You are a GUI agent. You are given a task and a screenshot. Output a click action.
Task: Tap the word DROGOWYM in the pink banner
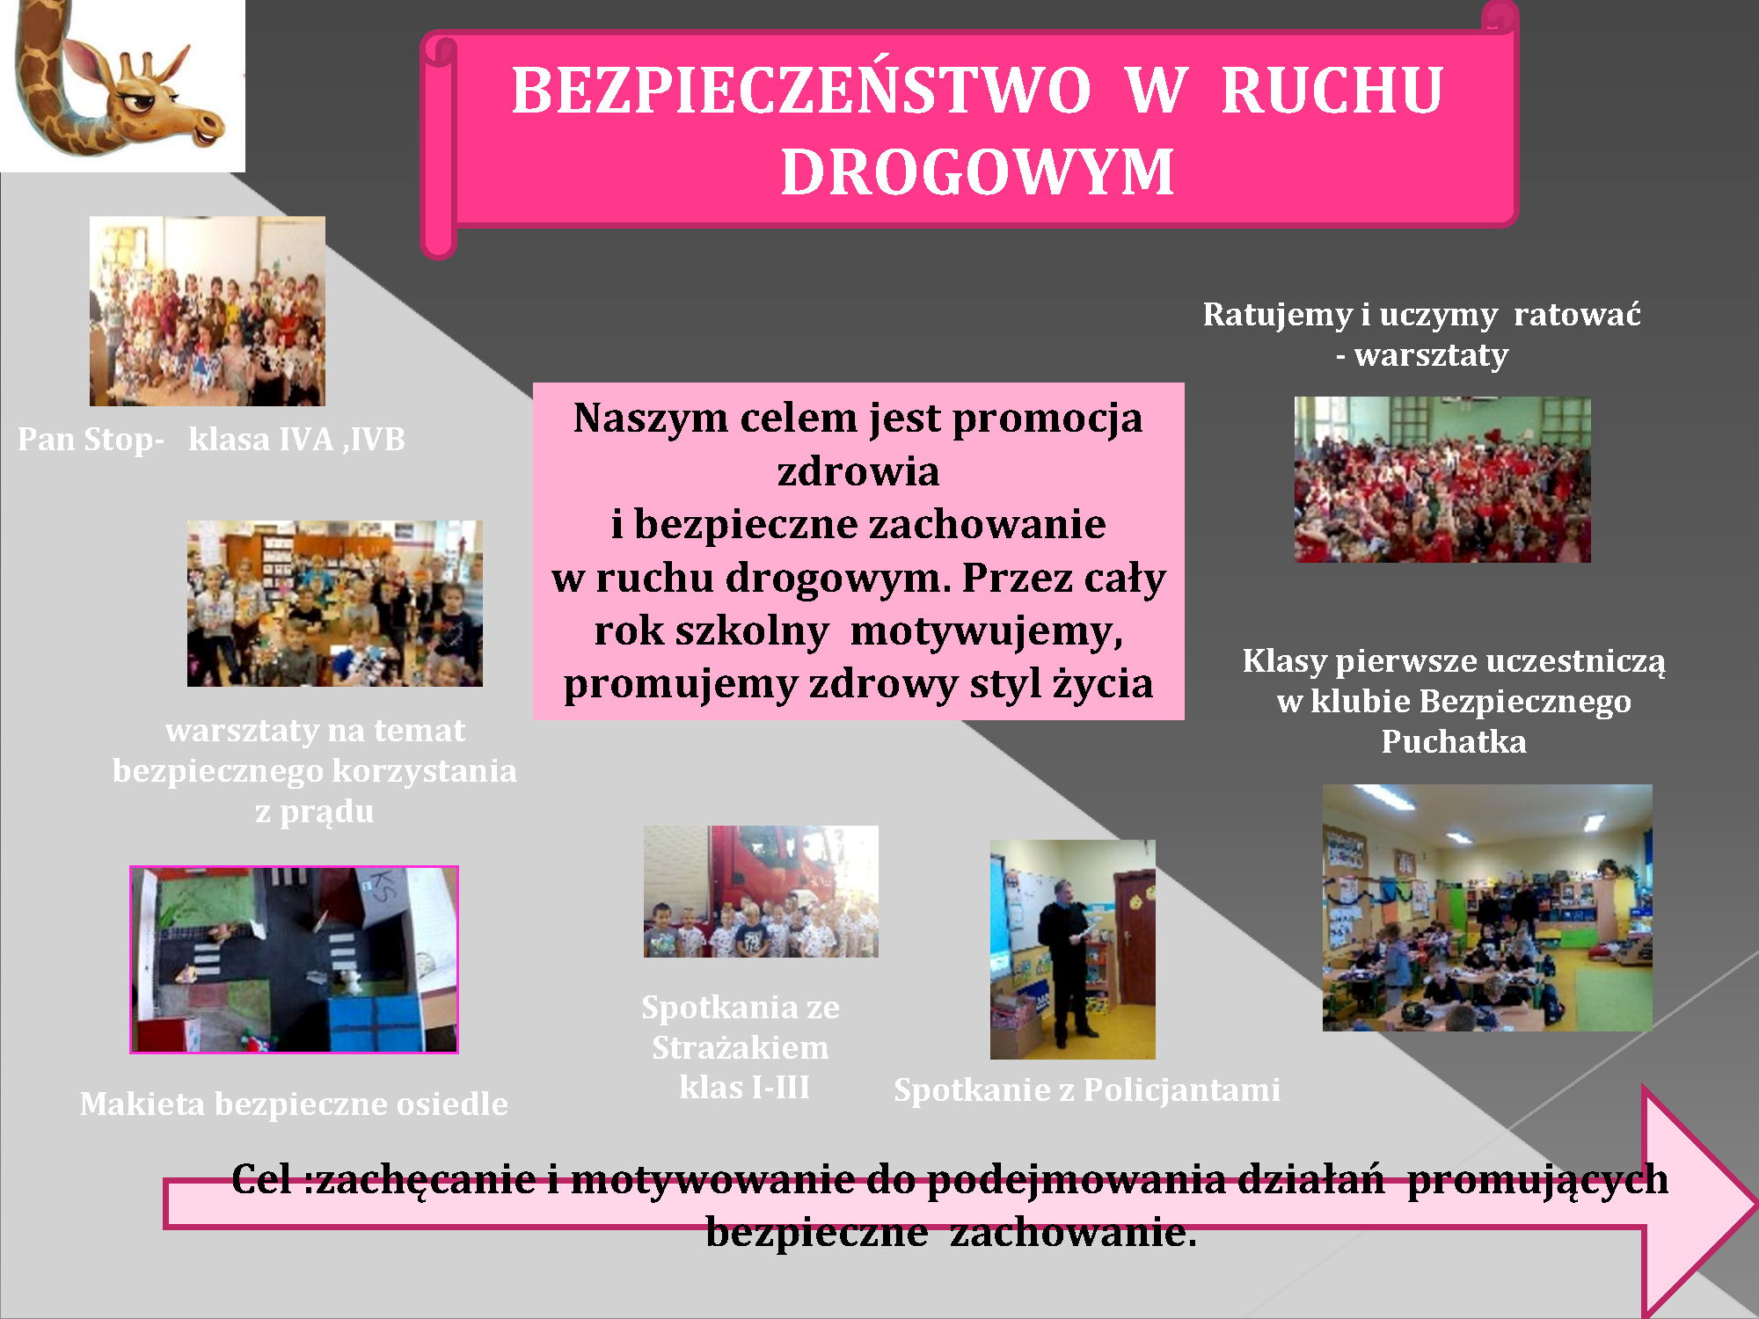[x=977, y=171]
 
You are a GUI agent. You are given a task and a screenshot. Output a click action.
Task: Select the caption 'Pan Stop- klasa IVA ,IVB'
[x=211, y=439]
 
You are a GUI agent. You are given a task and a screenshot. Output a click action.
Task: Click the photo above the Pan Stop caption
[x=208, y=311]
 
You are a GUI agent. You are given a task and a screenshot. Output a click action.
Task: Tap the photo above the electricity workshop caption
[x=335, y=603]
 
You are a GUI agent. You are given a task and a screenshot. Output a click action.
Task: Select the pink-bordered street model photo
[x=294, y=959]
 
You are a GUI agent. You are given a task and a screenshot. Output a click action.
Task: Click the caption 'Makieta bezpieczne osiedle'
[x=294, y=1104]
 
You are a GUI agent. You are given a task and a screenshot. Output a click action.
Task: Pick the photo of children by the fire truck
[x=761, y=892]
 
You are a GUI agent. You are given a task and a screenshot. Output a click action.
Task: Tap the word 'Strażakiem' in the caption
[x=741, y=1047]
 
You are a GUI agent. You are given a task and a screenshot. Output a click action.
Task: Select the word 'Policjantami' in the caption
[x=1182, y=1090]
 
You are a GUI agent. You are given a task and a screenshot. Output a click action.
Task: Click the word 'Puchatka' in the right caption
[x=1454, y=741]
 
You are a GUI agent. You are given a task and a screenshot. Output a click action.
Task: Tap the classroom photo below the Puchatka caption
[x=1487, y=907]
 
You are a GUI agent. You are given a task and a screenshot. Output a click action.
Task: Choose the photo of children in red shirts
[x=1442, y=479]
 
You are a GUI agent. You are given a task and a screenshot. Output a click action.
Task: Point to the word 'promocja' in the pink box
[x=1047, y=419]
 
